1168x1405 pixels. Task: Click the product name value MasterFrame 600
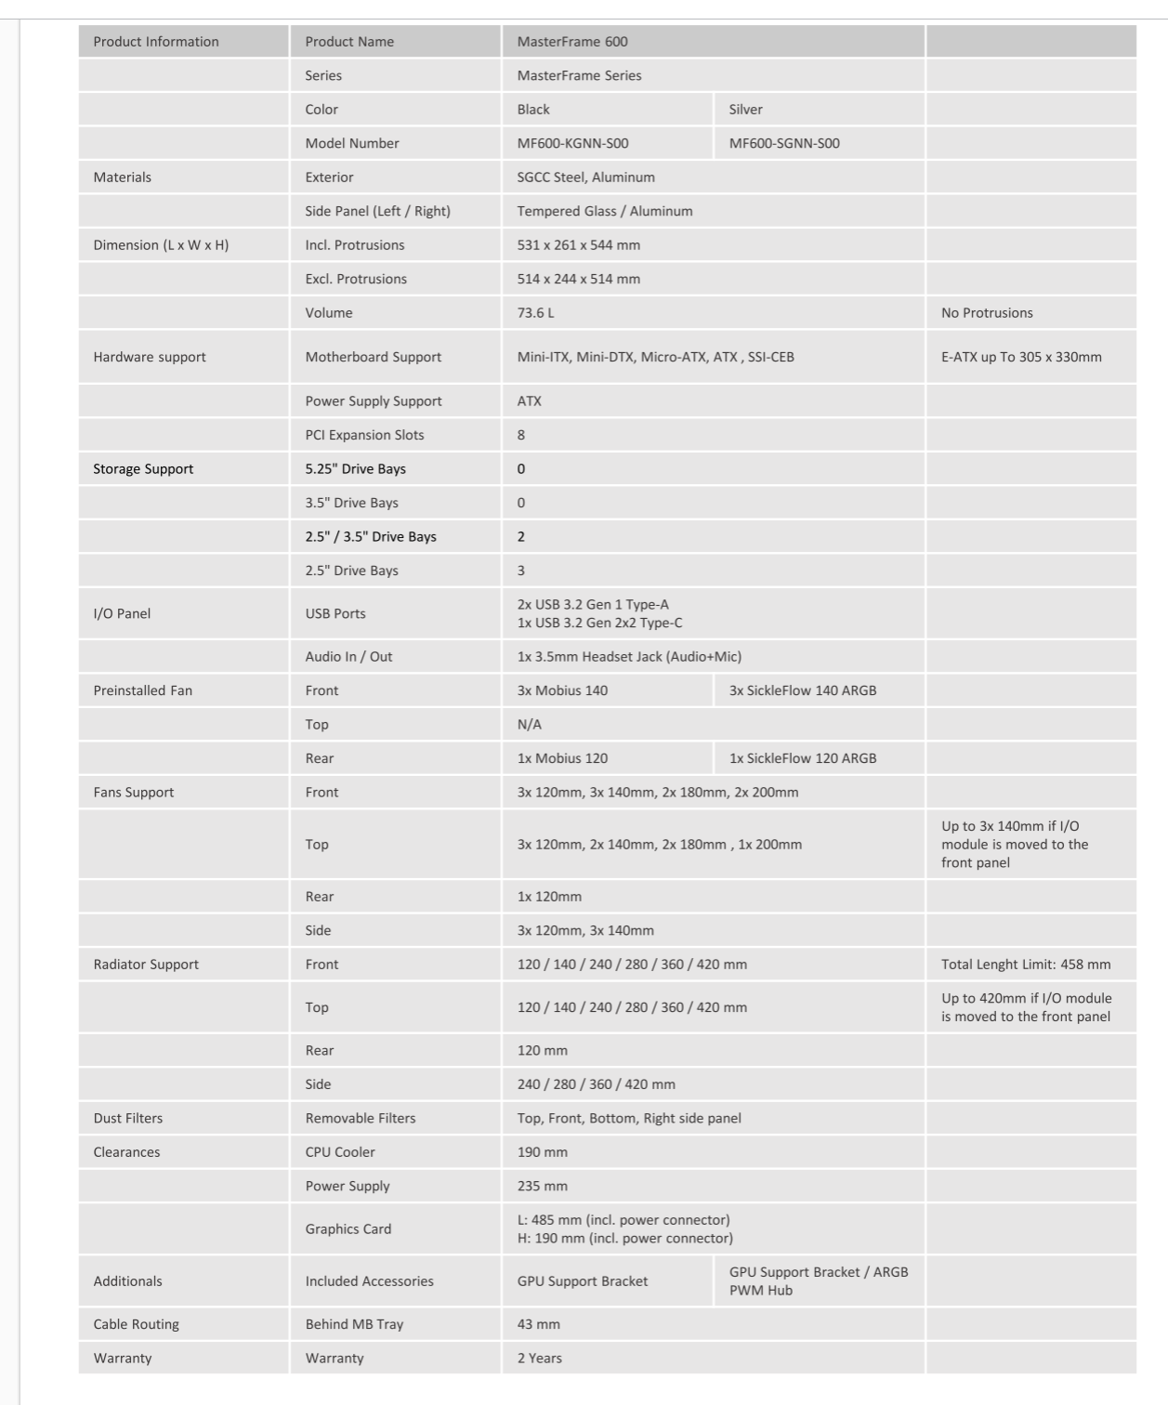(x=572, y=42)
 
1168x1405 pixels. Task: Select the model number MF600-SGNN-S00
(x=784, y=143)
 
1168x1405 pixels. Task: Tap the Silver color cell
(x=745, y=110)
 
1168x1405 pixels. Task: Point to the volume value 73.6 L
(x=535, y=313)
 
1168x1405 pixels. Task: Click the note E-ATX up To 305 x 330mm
(x=1021, y=357)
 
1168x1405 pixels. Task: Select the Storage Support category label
(x=143, y=469)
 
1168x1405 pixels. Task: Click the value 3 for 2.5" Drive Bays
(x=521, y=571)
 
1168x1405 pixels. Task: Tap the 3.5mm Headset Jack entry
(x=629, y=657)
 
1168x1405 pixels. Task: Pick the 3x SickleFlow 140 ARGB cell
(x=803, y=690)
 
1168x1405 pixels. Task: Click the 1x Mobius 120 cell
(x=562, y=758)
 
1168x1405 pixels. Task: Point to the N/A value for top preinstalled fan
(x=530, y=725)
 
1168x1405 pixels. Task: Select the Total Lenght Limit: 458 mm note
(x=1026, y=965)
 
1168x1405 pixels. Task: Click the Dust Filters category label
(x=128, y=1119)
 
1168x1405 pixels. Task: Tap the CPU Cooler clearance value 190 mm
(x=543, y=1152)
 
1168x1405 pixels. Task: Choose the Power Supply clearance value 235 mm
(x=543, y=1187)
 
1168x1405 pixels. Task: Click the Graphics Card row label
(x=348, y=1229)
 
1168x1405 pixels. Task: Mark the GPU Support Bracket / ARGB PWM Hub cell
(x=819, y=1281)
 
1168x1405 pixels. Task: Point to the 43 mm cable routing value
(x=539, y=1325)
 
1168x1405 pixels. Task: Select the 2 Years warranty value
(x=540, y=1359)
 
